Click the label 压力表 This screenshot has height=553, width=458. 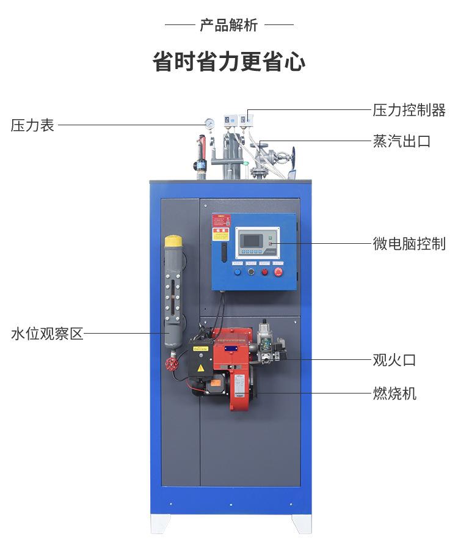pyautogui.click(x=32, y=125)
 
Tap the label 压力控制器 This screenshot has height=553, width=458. pyautogui.click(x=409, y=110)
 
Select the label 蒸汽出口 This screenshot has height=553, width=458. pyautogui.click(x=402, y=141)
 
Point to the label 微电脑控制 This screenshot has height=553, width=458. pyautogui.click(x=409, y=244)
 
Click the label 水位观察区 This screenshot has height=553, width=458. pyautogui.click(x=47, y=334)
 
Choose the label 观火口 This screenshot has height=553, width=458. pyautogui.click(x=394, y=360)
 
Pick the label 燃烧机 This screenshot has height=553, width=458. pyautogui.click(x=394, y=393)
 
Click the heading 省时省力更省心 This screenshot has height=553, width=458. pyautogui.click(x=229, y=62)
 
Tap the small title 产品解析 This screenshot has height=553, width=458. pyautogui.click(x=229, y=25)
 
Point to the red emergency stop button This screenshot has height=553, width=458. pyautogui.click(x=278, y=272)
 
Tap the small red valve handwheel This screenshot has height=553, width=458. pyautogui.click(x=172, y=364)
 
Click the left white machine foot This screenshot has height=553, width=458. pyautogui.click(x=160, y=523)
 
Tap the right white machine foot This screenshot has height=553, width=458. pyautogui.click(x=301, y=523)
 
